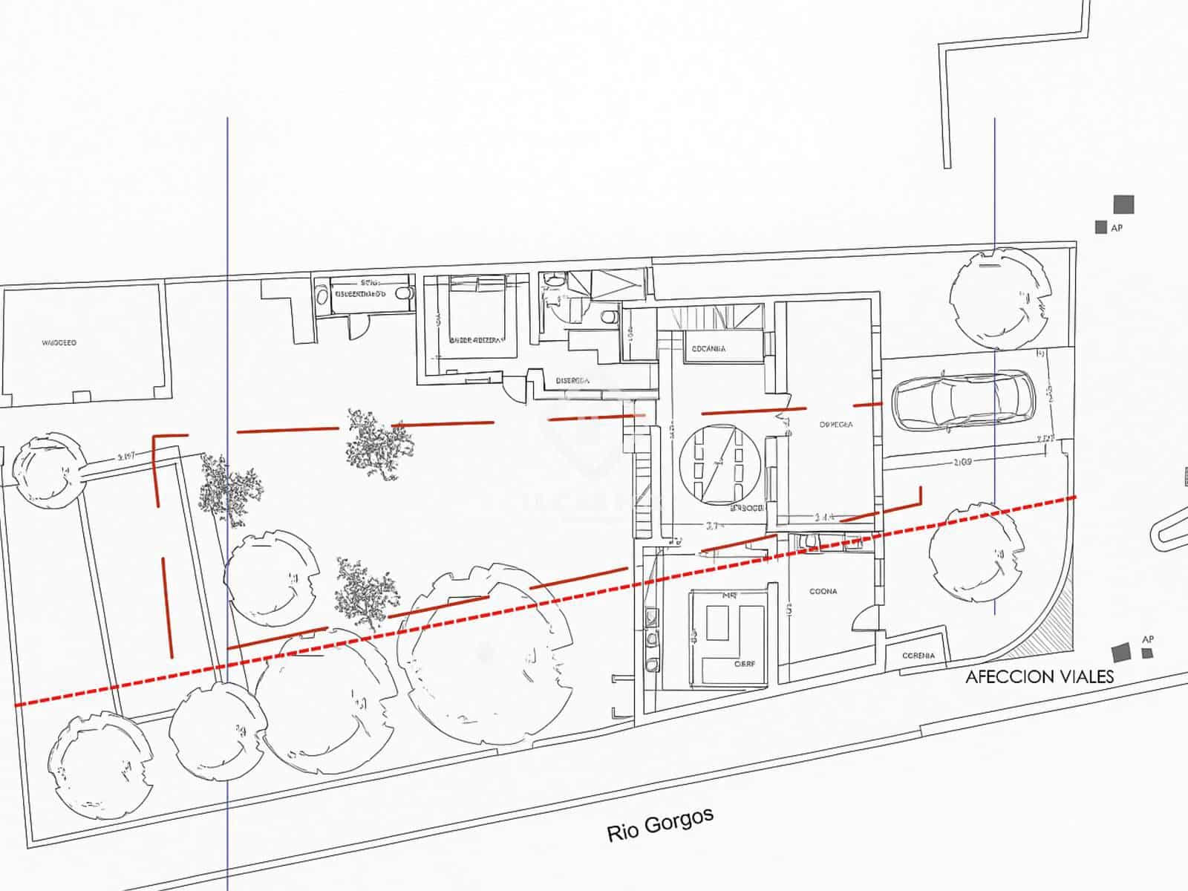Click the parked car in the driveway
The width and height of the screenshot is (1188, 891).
tap(962, 401)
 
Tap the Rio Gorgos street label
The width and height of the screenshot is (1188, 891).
tap(660, 824)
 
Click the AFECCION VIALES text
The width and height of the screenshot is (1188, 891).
tap(1039, 676)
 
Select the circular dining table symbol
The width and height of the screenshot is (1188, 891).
tap(719, 462)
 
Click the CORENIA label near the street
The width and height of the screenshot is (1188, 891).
tap(918, 656)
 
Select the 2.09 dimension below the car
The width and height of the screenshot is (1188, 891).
tap(962, 463)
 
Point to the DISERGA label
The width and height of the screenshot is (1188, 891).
tap(572, 381)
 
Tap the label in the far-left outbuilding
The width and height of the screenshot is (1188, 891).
tap(59, 343)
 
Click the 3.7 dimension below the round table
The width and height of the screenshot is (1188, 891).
tap(714, 526)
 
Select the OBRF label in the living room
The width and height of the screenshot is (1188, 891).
tap(745, 664)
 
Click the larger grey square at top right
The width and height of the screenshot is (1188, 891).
tap(1123, 204)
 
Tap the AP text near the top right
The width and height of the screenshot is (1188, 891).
tap(1117, 228)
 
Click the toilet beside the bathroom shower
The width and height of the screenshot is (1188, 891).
tap(608, 318)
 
